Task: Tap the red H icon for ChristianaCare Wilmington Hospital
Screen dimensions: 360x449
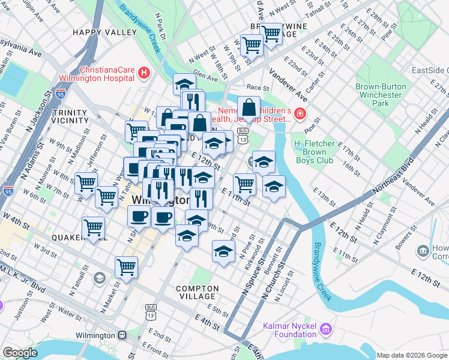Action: tap(143, 73)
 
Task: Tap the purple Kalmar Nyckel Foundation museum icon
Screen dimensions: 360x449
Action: tap(326, 328)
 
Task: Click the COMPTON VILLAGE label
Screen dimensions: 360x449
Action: tap(196, 292)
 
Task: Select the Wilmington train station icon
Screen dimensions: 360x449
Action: tap(122, 335)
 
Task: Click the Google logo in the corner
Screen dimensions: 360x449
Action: tap(20, 353)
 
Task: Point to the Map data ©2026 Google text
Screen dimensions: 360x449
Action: tap(412, 355)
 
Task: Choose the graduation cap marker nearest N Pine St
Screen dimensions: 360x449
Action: tap(223, 251)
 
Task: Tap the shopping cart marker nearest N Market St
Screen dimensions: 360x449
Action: tap(126, 267)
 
